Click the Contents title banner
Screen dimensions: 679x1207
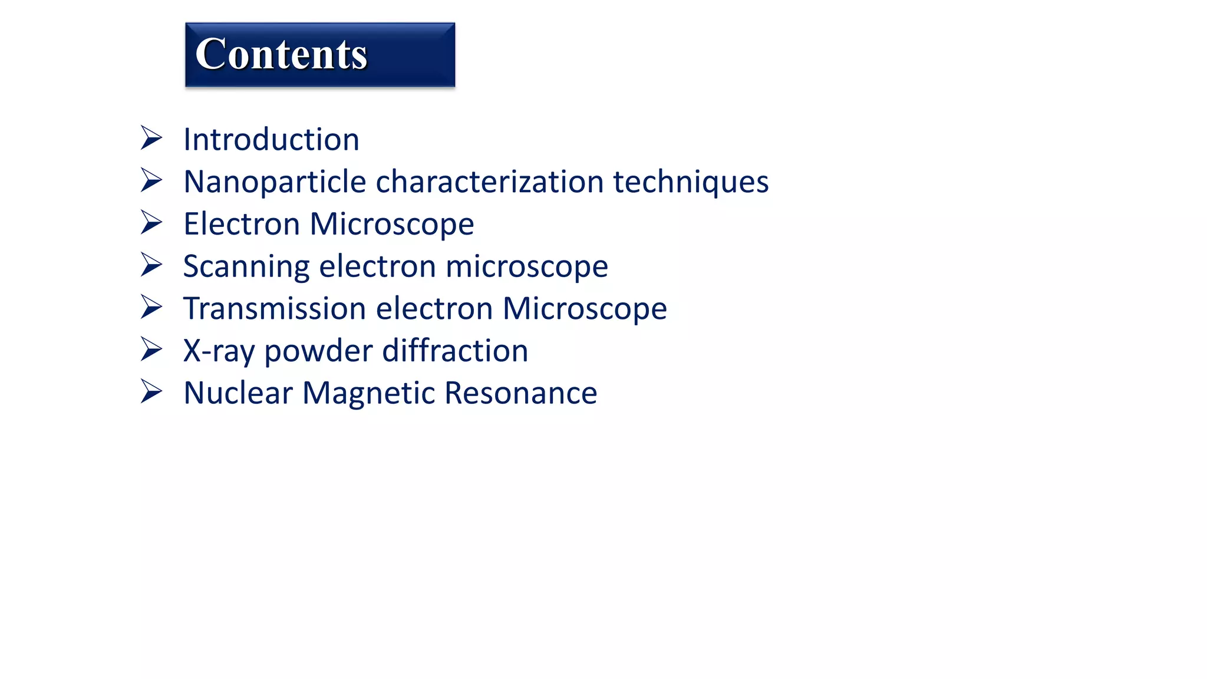319,55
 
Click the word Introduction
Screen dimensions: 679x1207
271,140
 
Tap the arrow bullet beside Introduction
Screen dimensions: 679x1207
151,138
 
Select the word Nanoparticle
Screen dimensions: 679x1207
275,182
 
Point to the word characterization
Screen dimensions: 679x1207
489,182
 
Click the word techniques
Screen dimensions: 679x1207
691,182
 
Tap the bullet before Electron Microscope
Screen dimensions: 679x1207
151,223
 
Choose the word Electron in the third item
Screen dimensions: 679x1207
242,225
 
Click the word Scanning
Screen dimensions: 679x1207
246,267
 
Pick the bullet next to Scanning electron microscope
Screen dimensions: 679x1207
151,265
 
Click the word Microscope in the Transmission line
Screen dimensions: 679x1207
584,309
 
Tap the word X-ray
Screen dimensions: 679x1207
219,351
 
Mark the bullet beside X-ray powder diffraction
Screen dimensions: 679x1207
151,349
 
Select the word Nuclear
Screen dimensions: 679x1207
238,393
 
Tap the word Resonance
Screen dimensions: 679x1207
520,393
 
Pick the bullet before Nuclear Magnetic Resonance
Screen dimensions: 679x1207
151,391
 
